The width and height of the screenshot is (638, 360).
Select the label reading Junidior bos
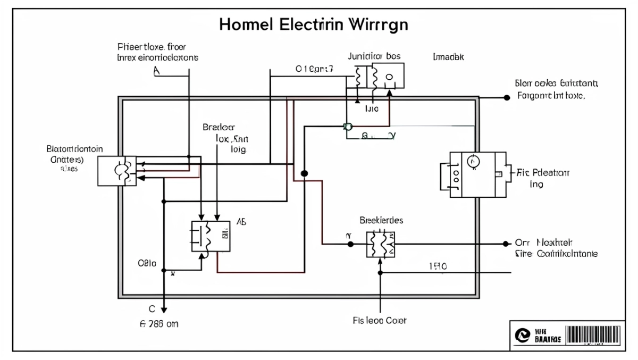tap(374, 55)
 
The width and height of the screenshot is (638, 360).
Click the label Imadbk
tap(448, 56)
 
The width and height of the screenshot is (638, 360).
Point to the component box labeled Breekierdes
tap(381, 244)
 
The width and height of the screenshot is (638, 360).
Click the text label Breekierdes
tap(381, 219)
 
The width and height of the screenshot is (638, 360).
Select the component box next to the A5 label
tap(211, 236)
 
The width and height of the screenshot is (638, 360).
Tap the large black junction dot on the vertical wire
tap(305, 173)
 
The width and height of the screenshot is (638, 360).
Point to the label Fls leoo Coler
tap(380, 321)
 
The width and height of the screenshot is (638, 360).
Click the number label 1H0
tap(438, 266)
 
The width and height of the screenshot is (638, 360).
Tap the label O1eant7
tap(314, 69)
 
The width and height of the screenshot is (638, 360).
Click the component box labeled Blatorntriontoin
tap(117, 171)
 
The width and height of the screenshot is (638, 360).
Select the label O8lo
tap(147, 262)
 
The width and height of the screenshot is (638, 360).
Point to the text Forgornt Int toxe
tap(551, 97)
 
